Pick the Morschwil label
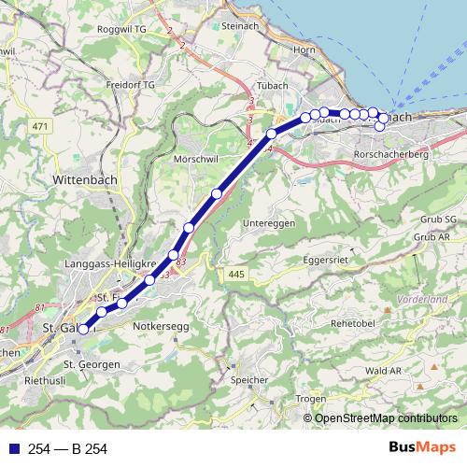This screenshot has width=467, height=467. pyautogui.click(x=196, y=160)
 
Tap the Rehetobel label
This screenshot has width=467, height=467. pyautogui.click(x=353, y=322)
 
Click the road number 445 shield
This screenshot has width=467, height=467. pyautogui.click(x=233, y=273)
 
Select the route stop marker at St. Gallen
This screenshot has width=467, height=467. pyautogui.click(x=83, y=328)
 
